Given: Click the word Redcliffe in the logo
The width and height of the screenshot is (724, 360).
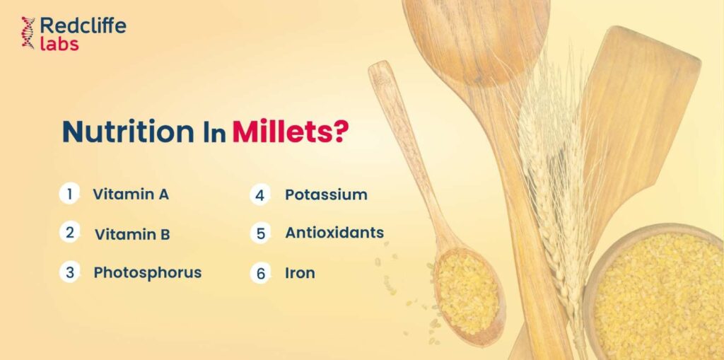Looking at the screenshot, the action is click(x=83, y=25).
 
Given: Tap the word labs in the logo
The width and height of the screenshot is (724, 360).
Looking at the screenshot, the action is click(x=59, y=43).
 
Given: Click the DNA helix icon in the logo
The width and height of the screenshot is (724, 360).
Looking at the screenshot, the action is click(x=28, y=33).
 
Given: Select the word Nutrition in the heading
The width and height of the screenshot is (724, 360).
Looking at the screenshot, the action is click(x=129, y=132).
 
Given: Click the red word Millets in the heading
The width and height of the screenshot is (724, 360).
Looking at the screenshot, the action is click(x=282, y=132).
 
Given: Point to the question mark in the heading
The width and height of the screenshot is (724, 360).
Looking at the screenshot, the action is click(x=340, y=132).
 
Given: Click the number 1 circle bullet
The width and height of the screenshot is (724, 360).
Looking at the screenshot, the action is click(x=70, y=194).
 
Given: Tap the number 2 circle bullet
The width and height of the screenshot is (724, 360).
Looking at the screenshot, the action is click(x=70, y=233).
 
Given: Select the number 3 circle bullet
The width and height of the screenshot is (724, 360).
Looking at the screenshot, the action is click(x=70, y=272).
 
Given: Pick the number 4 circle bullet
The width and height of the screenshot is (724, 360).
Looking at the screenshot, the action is click(x=260, y=195).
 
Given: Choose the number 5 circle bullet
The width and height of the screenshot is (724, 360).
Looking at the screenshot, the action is click(x=260, y=233).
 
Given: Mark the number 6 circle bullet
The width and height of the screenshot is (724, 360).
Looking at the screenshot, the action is click(x=260, y=273).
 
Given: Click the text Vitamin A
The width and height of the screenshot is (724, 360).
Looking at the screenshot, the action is click(x=131, y=194).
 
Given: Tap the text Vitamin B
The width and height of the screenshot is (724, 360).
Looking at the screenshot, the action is click(x=132, y=234).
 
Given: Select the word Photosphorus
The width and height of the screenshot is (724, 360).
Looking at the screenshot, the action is click(x=148, y=273).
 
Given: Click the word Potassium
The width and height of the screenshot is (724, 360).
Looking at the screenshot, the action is click(x=326, y=194).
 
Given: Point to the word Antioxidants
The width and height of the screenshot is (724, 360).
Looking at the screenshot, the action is click(x=334, y=233).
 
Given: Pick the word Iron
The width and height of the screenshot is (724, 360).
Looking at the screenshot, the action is click(x=300, y=273).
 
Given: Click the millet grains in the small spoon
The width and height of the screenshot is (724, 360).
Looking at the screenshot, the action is click(x=467, y=293).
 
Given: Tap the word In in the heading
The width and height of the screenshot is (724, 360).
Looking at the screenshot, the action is click(x=214, y=133).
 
